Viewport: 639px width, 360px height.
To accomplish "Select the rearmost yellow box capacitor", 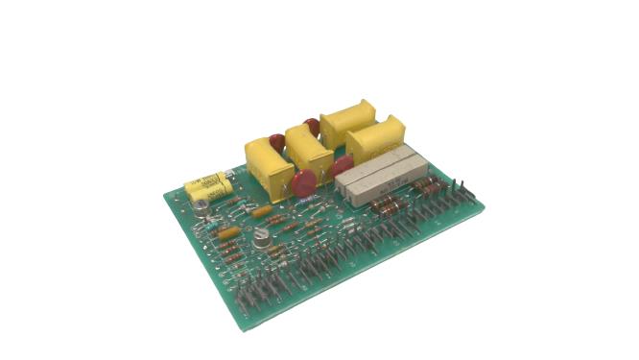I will (x=347, y=125).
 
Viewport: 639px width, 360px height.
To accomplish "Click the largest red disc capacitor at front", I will (x=306, y=183).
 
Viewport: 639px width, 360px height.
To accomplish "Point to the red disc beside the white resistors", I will (x=342, y=167).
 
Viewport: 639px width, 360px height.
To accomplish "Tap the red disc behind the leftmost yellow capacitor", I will (x=276, y=142).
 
